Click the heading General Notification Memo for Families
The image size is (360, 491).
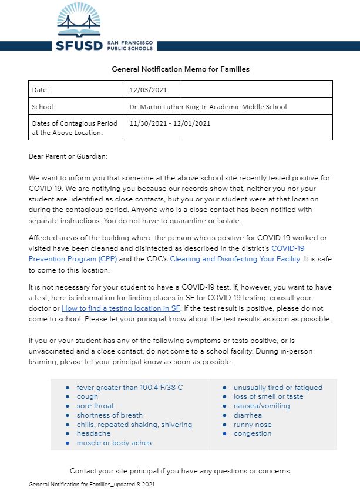tap(180, 69)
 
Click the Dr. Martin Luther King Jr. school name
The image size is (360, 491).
tap(208, 107)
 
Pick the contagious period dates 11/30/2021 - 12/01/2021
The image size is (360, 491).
tap(170, 123)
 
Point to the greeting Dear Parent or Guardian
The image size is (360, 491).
tap(68, 156)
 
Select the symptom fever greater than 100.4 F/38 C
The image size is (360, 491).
tap(130, 388)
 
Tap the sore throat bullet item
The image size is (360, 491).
tap(95, 406)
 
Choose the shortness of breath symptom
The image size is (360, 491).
tap(109, 415)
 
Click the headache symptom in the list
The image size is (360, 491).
tap(93, 433)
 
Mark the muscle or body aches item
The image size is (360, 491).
tap(114, 443)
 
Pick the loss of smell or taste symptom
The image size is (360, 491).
tap(268, 396)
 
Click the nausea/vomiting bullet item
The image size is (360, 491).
tap(261, 406)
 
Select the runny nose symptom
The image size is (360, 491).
tap(253, 424)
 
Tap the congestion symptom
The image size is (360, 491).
tap(253, 433)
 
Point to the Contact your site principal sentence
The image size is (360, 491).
tap(180, 470)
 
